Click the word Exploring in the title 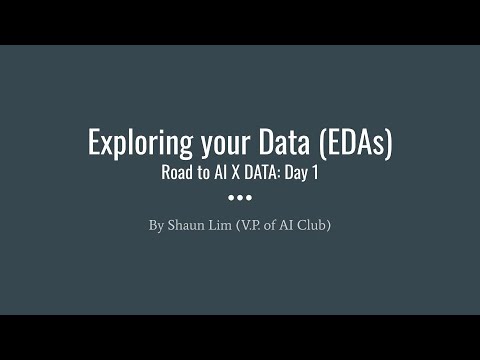tap(134, 143)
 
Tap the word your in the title tap(213, 143)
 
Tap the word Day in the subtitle tap(297, 172)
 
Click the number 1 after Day tap(314, 172)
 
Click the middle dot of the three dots tap(240, 197)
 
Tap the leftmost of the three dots tap(231, 197)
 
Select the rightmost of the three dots tap(249, 197)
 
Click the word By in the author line tap(156, 225)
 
